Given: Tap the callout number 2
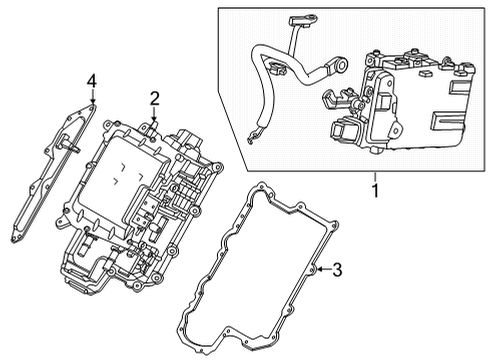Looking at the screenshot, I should point(155,97).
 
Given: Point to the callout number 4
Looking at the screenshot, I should point(91,80).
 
